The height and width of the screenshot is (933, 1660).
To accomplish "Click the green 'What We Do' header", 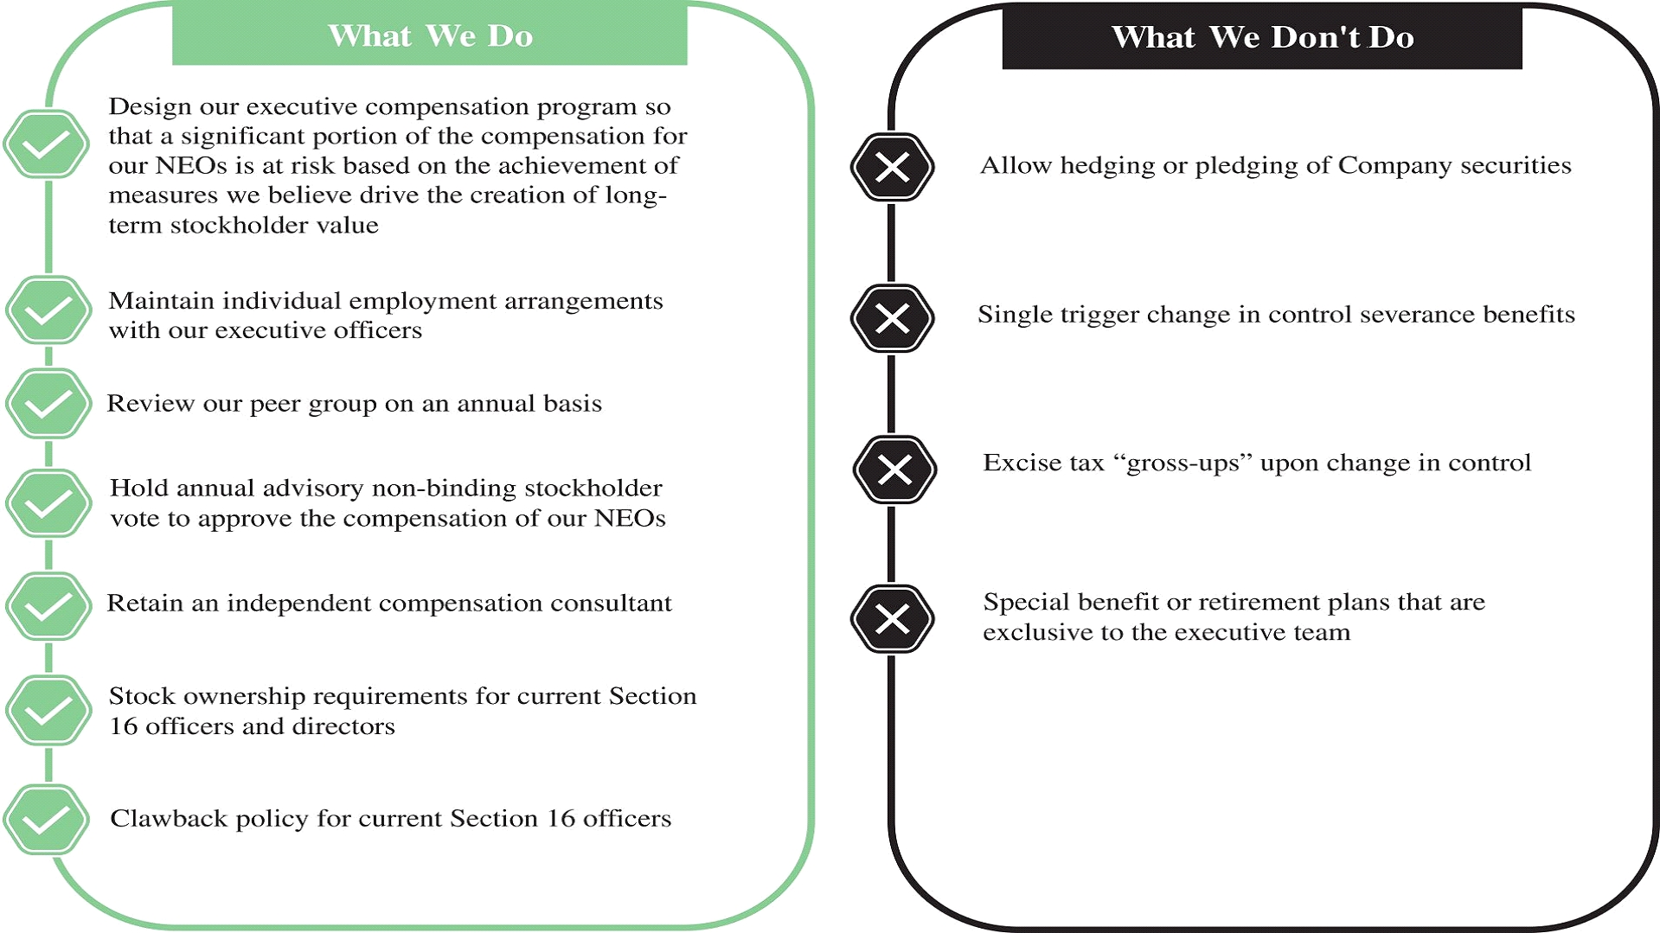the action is (x=430, y=35).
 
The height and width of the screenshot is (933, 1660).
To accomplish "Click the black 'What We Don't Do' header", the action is (x=1262, y=36).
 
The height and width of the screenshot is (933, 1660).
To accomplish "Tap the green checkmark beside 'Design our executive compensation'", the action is (x=46, y=144).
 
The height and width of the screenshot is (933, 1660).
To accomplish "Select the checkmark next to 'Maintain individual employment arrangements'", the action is (x=48, y=310).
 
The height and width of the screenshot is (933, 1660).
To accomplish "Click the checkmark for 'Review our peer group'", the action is (x=48, y=403).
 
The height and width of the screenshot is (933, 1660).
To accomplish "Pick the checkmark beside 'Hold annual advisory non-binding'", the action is (x=48, y=503).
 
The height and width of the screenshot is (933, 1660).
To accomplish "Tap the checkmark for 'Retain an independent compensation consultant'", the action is (x=48, y=606).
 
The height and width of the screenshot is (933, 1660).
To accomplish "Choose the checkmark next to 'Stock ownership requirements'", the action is (x=48, y=711).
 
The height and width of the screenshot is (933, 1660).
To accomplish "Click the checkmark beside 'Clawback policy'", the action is (x=46, y=820).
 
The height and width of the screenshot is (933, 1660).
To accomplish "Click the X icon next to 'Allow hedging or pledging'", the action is (x=893, y=167).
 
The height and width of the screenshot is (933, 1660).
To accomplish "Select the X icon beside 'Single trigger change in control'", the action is (x=893, y=318).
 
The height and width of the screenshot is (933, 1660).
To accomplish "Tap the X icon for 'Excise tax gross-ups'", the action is (x=894, y=470).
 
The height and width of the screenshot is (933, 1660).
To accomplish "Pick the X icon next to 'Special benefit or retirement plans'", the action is (x=893, y=619).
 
